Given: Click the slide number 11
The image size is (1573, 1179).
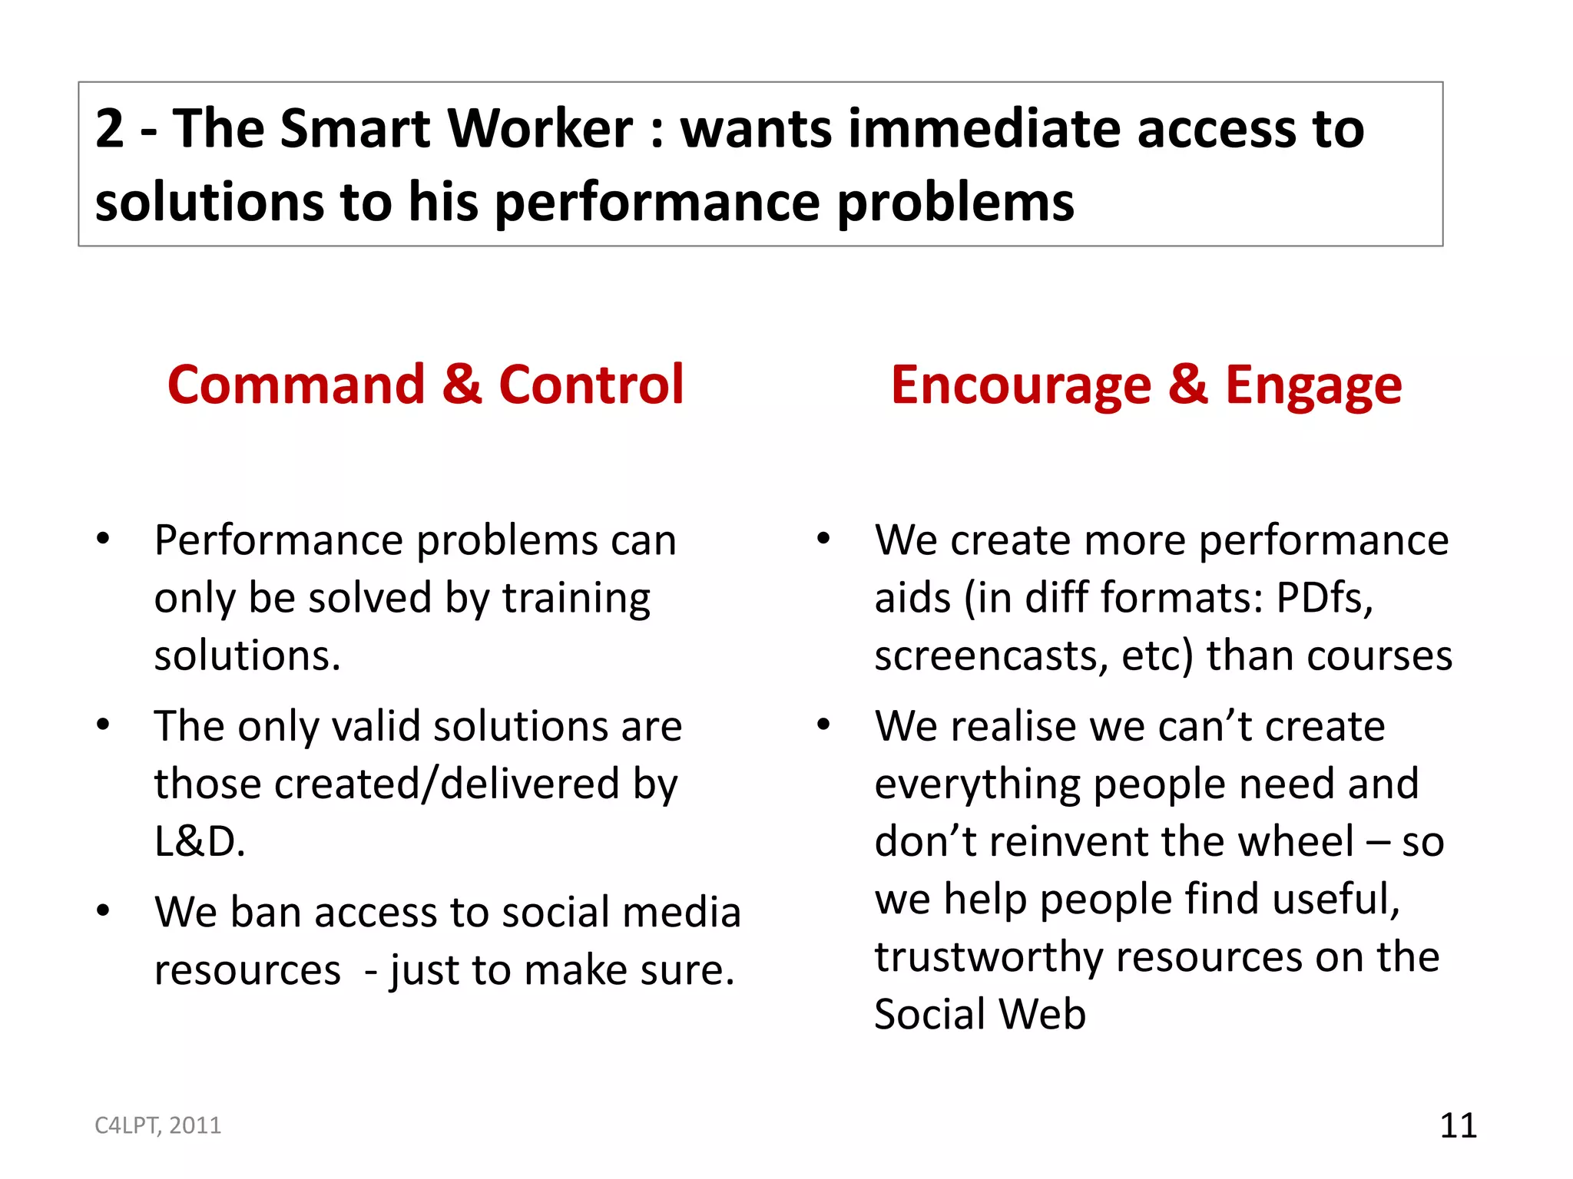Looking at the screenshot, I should point(1458,1125).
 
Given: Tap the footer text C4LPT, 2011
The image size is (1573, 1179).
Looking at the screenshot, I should point(157,1125).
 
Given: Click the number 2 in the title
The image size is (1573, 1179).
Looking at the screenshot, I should point(110,128).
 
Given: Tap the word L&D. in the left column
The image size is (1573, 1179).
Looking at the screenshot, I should point(200,841).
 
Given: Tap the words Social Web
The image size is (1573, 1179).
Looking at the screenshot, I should point(980,1014).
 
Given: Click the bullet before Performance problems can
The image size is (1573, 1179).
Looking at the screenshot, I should point(103,539).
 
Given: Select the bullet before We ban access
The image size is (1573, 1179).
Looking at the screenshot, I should point(103,911).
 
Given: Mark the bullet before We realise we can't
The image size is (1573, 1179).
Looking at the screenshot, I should point(823,725).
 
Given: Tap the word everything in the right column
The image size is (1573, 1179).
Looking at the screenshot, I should point(977,784).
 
